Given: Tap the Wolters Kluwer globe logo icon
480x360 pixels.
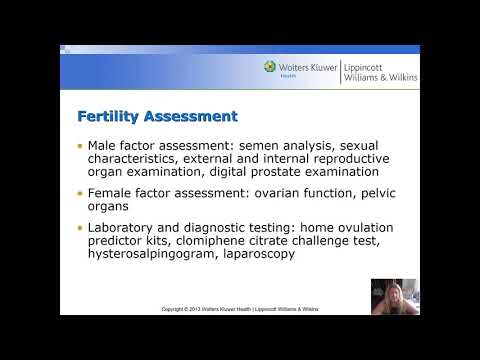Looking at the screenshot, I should pos(270,68).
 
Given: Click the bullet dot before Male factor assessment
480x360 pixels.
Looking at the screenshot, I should pos(80,146).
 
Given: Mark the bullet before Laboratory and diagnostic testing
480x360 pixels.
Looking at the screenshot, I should pos(80,228).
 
